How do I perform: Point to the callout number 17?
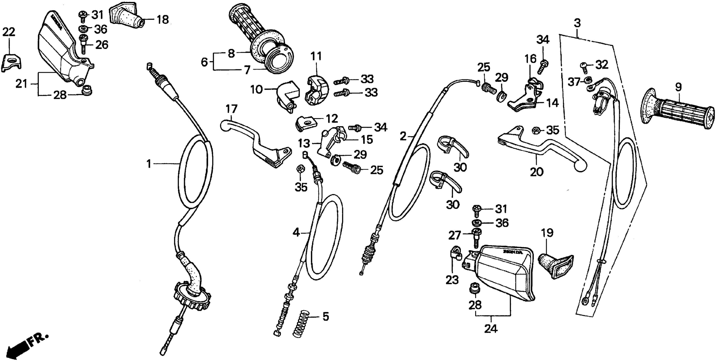coord(231,109)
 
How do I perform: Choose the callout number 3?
coord(577,23)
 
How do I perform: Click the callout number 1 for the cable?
coord(149,164)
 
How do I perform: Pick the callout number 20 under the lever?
coord(536,172)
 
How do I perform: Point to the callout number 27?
coord(454,236)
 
